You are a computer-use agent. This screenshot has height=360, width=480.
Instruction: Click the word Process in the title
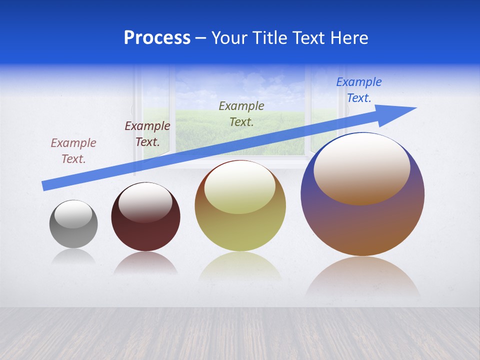pos(157,38)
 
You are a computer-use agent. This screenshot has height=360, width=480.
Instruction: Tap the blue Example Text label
pos(359,90)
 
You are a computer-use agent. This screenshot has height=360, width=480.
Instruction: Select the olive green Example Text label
pos(241,113)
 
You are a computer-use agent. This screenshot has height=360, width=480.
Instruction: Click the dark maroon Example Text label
pos(147,134)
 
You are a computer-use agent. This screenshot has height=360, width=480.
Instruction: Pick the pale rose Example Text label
pos(73,150)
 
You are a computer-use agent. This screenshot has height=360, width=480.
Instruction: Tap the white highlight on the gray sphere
pos(73,214)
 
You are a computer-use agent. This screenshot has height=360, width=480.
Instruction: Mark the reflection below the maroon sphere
pos(145,263)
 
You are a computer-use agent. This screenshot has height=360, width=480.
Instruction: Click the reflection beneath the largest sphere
pos(362,277)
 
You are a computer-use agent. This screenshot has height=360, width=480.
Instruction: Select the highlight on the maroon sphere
pos(145,201)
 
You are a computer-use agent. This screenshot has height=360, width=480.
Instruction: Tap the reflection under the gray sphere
pos(73,256)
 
